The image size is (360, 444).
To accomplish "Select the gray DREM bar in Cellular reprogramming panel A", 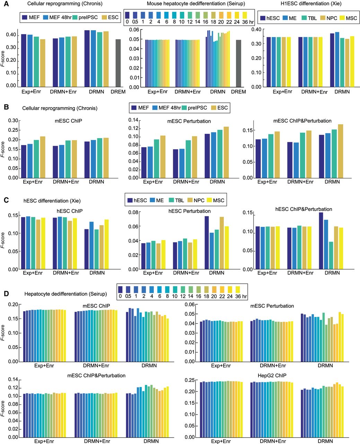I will tap(118, 63).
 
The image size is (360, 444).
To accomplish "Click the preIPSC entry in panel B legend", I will tap(197, 108).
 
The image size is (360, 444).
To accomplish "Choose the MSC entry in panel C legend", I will tap(218, 200).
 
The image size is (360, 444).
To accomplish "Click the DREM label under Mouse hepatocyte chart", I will tap(238, 92).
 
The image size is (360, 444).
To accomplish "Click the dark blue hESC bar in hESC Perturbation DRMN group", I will tap(207, 242).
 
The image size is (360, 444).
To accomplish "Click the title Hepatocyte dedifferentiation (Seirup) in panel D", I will tap(65, 294).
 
